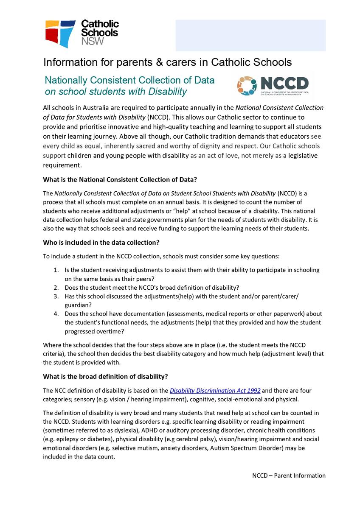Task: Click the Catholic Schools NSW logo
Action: click(x=82, y=34)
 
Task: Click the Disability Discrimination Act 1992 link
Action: click(x=215, y=390)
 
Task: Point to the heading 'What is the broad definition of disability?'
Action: click(x=105, y=376)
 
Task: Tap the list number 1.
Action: click(x=56, y=270)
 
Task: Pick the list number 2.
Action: click(x=56, y=287)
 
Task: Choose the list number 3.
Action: click(x=56, y=296)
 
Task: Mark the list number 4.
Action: click(x=56, y=313)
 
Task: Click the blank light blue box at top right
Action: click(x=250, y=35)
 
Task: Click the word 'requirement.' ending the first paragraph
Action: click(x=62, y=165)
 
